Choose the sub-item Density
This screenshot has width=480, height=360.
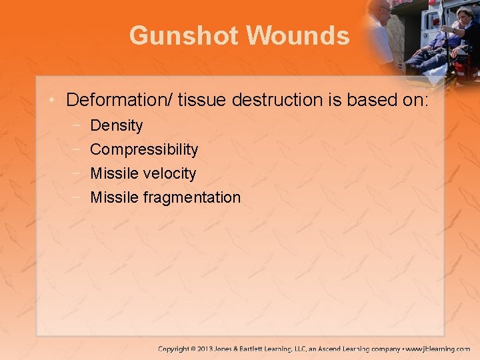click(x=117, y=125)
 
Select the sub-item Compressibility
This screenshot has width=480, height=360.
click(x=144, y=149)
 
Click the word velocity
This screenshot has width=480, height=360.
click(x=170, y=173)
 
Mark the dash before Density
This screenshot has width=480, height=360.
click(x=78, y=125)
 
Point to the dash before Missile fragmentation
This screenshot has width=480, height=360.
click(x=78, y=197)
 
